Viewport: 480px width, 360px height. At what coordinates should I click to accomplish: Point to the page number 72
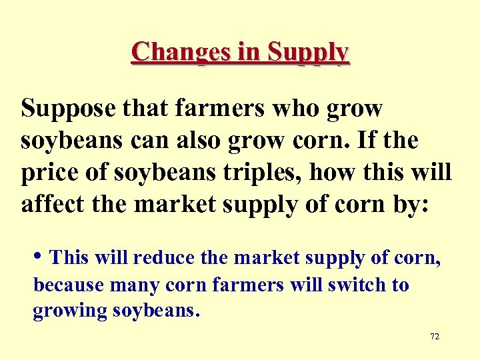coord(435,337)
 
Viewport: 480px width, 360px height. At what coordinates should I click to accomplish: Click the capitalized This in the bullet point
coord(69,257)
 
